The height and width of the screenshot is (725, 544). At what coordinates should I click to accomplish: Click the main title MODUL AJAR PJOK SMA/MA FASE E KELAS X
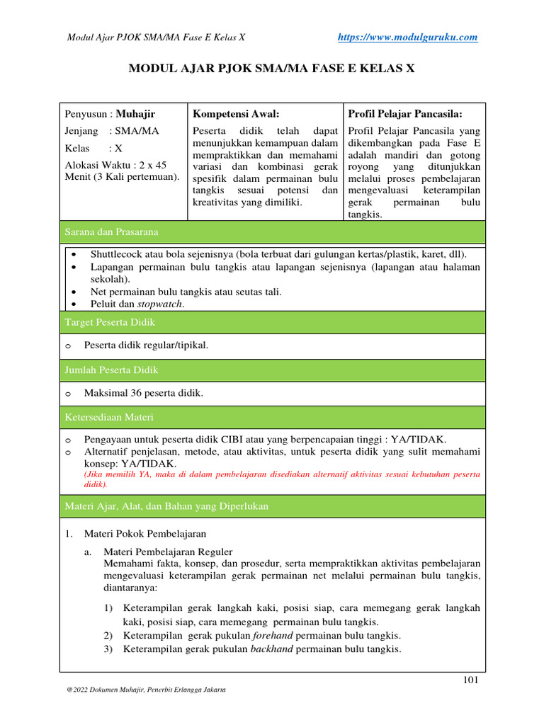point(271,69)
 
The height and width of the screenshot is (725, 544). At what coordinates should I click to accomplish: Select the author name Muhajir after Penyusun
point(135,113)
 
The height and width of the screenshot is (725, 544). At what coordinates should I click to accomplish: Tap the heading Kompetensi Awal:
point(236,113)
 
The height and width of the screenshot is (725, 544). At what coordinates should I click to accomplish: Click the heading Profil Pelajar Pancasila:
point(404,113)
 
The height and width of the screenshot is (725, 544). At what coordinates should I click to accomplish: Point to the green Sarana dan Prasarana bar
point(273,232)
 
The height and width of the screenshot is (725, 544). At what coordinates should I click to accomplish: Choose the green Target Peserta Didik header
point(273,322)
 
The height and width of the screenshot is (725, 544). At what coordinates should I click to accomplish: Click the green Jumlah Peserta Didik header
point(273,370)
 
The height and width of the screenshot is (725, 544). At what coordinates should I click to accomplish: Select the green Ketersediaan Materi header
point(273,417)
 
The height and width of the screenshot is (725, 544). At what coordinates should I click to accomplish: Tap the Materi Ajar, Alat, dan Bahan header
point(273,506)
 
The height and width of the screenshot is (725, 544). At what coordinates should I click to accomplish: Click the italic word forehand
point(272,635)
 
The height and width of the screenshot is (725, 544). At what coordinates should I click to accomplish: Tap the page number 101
point(471,680)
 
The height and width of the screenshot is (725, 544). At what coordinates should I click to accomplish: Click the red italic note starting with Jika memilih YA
point(281,479)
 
